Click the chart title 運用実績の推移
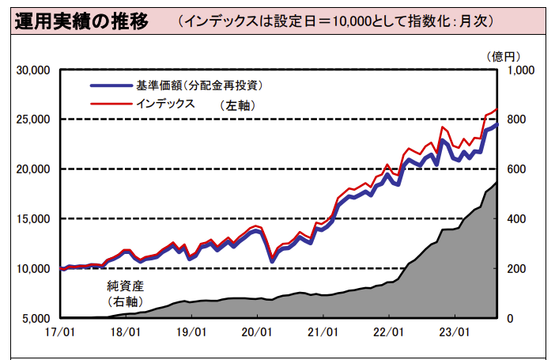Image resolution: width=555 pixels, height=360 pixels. (x=81, y=21)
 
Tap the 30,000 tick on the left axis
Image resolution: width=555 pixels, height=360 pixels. (x=33, y=70)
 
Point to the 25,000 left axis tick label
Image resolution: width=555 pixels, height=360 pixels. (x=33, y=119)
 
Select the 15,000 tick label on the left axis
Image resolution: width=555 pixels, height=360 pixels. (x=33, y=219)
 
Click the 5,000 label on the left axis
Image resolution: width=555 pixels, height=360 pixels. (x=36, y=319)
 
